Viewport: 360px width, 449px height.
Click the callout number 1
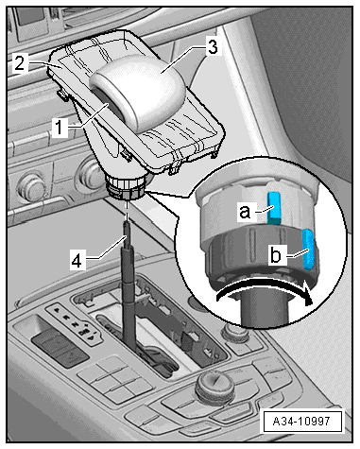coord(60,128)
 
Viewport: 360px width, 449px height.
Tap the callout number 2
coord(20,63)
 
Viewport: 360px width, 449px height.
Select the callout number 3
coord(213,47)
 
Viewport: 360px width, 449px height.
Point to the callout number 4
coord(77,261)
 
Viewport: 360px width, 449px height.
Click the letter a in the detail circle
coord(245,212)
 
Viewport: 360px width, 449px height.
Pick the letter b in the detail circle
coord(276,254)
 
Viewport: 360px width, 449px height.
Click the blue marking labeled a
coord(274,208)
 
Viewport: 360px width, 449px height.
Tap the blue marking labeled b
coord(309,250)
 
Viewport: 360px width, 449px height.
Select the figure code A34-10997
coord(301,421)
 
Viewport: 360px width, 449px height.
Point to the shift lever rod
coord(129,284)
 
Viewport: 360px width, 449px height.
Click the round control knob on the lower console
coord(215,387)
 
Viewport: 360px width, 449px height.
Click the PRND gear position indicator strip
coord(75,324)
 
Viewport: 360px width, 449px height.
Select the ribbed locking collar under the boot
coord(126,188)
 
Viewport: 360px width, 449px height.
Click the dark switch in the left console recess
coord(60,347)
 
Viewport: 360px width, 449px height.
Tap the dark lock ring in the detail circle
coord(262,252)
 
